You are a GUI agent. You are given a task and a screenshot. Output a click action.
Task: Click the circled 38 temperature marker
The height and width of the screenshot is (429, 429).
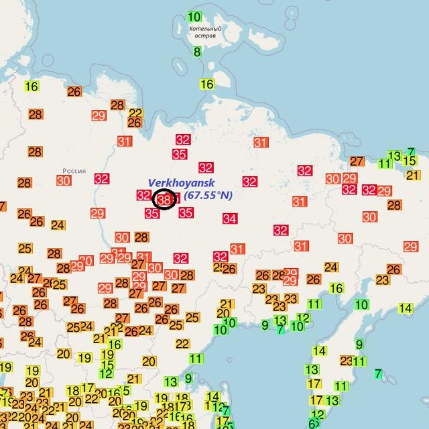[164, 199]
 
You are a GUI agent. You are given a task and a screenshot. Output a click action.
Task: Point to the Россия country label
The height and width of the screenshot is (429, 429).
[73, 171]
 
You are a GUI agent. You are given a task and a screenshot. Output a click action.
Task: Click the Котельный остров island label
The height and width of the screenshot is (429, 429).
[205, 32]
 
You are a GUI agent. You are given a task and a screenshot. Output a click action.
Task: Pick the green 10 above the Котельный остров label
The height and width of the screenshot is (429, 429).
[194, 17]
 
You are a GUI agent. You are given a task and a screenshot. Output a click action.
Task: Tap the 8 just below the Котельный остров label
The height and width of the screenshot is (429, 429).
[197, 52]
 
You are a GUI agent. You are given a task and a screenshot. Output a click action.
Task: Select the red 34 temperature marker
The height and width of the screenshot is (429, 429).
[230, 219]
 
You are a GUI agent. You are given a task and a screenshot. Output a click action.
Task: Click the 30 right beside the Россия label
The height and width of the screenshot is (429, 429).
[64, 180]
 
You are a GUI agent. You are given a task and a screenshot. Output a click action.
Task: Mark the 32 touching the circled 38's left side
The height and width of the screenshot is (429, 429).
[143, 195]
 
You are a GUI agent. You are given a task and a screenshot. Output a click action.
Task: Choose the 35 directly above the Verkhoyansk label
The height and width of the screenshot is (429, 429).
[179, 154]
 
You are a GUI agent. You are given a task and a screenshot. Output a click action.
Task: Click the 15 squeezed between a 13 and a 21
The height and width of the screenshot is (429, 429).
[410, 160]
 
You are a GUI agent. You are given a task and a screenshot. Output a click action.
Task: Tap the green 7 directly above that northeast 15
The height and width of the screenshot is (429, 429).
[411, 151]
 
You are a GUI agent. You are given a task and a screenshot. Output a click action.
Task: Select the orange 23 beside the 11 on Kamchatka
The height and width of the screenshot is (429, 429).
[346, 361]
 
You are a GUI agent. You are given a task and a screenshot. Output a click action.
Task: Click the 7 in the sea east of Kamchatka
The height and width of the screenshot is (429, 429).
[379, 373]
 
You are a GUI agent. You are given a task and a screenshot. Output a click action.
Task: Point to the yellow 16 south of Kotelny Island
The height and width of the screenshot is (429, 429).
[206, 84]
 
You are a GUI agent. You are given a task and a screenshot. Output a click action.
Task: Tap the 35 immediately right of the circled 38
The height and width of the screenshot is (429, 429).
[186, 213]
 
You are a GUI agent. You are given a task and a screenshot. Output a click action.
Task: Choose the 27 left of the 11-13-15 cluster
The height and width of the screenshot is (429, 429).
[357, 162]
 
